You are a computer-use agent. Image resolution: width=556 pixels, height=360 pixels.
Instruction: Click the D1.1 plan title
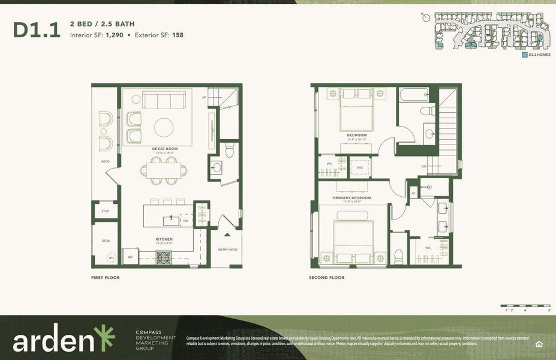coord(37,30)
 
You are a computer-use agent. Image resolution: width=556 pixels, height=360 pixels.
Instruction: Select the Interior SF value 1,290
coord(116,35)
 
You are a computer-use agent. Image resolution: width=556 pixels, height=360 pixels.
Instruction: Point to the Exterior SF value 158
coord(178,35)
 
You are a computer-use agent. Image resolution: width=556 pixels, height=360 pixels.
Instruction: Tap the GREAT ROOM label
coord(164,148)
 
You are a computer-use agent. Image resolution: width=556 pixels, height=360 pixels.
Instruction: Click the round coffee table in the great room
coord(164,127)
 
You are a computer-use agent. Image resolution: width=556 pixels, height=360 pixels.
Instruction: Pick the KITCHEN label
coord(164,239)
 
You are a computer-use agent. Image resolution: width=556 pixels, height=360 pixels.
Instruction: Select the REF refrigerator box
coord(130,257)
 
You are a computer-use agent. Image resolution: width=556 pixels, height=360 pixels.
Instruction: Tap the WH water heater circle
coord(111,258)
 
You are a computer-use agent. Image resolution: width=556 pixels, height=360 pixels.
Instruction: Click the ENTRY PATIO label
coord(227,250)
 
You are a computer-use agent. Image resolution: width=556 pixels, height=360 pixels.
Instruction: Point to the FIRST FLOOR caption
coord(106,278)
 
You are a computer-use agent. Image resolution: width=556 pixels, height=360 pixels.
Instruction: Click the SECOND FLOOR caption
coord(326,278)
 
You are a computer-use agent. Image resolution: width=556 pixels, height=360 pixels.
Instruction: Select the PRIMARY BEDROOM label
coord(352,197)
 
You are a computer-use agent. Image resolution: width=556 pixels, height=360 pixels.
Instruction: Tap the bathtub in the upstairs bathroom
coord(414,94)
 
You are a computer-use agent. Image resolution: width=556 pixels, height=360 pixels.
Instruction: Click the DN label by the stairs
coord(423,166)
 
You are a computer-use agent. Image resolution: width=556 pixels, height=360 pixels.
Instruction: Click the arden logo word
coord(56,340)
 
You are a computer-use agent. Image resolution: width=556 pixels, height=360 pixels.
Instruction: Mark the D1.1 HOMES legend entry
coord(536,55)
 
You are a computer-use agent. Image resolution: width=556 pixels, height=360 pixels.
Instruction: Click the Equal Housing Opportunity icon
coord(538,343)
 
